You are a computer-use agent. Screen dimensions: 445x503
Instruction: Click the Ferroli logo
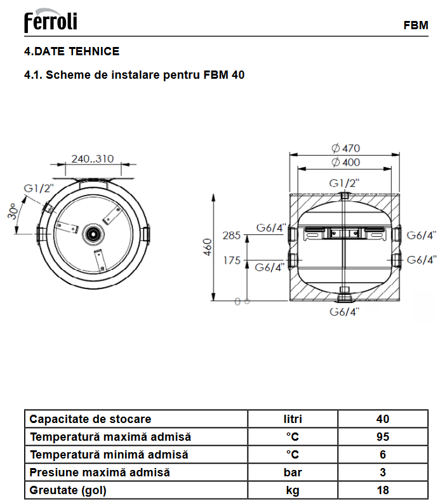coord(51,20)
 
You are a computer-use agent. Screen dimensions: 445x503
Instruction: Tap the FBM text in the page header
coord(416,25)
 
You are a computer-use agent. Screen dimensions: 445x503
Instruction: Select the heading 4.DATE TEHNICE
coord(72,51)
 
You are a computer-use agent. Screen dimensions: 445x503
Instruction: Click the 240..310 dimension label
coord(93,159)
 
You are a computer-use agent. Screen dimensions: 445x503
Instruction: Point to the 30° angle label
coord(13,211)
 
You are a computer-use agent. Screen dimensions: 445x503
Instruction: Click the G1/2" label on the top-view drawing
coord(39,188)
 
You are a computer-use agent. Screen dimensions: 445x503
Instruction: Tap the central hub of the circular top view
coord(93,234)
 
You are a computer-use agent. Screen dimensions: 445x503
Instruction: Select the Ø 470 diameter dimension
coord(345,148)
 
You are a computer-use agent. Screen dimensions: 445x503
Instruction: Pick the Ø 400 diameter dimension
coord(345,163)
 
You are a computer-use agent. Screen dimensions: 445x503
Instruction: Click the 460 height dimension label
coord(208,247)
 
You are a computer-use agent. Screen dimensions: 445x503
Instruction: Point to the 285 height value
coord(232,236)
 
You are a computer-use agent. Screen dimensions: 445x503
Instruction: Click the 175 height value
coord(232,260)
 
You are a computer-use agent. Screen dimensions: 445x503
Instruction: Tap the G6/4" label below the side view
coord(344,312)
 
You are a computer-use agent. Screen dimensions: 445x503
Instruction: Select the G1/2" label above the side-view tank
coord(344,183)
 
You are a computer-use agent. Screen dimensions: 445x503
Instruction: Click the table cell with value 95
coord(383,436)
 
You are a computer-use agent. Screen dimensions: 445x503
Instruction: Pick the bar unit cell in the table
coord(293,473)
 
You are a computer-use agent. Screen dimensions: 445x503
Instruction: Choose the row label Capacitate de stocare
coord(90,419)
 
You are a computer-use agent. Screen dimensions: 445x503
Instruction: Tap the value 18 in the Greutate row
coord(383,490)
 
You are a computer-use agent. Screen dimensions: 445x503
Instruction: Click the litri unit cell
coord(293,419)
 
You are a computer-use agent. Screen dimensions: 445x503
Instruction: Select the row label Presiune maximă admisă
coord(100,473)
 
